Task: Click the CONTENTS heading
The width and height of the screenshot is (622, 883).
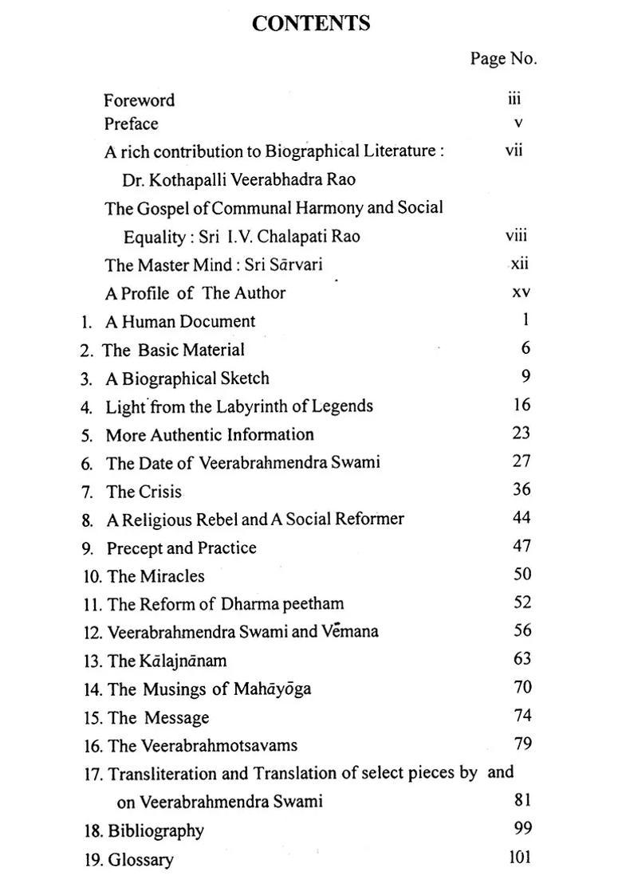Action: click(x=311, y=24)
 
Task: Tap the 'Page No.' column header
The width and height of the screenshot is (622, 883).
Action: click(x=503, y=58)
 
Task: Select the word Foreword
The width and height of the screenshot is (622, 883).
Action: click(x=139, y=100)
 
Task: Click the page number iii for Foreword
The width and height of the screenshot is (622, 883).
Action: click(x=514, y=99)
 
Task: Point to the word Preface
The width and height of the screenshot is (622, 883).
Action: click(x=131, y=124)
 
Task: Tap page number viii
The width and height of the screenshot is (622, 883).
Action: click(x=516, y=236)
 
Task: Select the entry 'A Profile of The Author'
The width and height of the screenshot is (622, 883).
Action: click(x=195, y=293)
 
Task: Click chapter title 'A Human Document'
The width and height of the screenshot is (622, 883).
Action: click(x=180, y=322)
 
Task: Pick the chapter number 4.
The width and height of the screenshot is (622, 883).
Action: click(x=86, y=407)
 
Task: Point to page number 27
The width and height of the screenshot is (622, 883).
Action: click(x=522, y=461)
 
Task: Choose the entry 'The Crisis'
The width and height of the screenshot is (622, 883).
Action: click(x=144, y=492)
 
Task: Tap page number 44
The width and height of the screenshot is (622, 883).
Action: click(x=522, y=518)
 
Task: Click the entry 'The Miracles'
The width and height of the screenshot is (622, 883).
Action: click(x=155, y=576)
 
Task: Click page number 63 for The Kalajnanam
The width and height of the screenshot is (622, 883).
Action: click(x=522, y=659)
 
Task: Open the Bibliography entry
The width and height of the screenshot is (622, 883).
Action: click(x=155, y=831)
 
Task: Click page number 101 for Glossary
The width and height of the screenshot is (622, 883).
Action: click(x=518, y=858)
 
